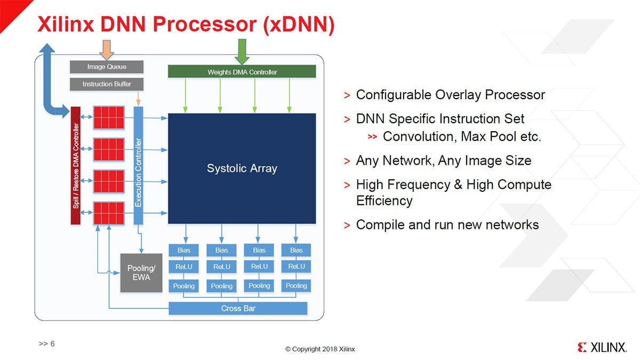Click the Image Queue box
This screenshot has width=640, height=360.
click(107, 67)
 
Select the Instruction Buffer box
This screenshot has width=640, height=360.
click(107, 84)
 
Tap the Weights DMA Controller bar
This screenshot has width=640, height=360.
click(242, 72)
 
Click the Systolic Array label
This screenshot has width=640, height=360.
click(242, 169)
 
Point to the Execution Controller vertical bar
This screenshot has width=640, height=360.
click(139, 165)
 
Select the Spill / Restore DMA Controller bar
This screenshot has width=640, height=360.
click(76, 165)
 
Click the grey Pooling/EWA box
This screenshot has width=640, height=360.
click(141, 273)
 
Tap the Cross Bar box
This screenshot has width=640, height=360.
click(238, 308)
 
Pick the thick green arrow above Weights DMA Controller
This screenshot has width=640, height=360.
click(242, 51)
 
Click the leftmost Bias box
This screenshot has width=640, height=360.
click(184, 250)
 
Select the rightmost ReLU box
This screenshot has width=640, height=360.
click(297, 267)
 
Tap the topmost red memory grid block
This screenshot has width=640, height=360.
click(109, 117)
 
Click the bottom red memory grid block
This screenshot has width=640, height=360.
click(109, 213)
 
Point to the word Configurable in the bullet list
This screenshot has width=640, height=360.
click(394, 95)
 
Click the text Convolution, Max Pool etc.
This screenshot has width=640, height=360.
click(462, 137)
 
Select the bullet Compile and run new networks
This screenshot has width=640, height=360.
click(447, 225)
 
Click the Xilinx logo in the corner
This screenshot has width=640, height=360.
click(601, 348)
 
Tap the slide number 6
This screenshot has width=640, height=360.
click(52, 344)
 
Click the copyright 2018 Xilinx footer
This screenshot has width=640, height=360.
click(319, 349)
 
